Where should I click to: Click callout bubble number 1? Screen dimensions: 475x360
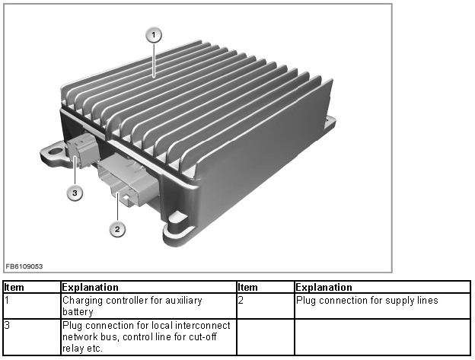(x=154, y=35)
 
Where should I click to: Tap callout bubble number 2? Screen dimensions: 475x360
(x=117, y=229)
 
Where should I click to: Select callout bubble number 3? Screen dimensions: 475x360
(x=75, y=193)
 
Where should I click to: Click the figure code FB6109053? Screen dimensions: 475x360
(x=24, y=266)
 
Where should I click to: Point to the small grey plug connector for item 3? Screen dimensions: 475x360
(x=82, y=150)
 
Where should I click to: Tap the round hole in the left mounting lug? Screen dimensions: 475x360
(x=56, y=151)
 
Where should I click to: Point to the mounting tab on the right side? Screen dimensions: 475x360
(x=330, y=123)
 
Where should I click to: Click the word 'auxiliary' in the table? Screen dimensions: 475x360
(x=183, y=301)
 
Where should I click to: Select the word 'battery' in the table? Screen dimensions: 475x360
(x=78, y=312)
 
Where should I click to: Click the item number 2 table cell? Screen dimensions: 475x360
(x=266, y=306)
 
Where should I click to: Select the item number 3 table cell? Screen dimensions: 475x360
(x=32, y=336)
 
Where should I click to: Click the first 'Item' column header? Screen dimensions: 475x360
(x=14, y=288)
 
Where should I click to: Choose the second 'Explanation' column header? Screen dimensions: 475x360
(x=324, y=288)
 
